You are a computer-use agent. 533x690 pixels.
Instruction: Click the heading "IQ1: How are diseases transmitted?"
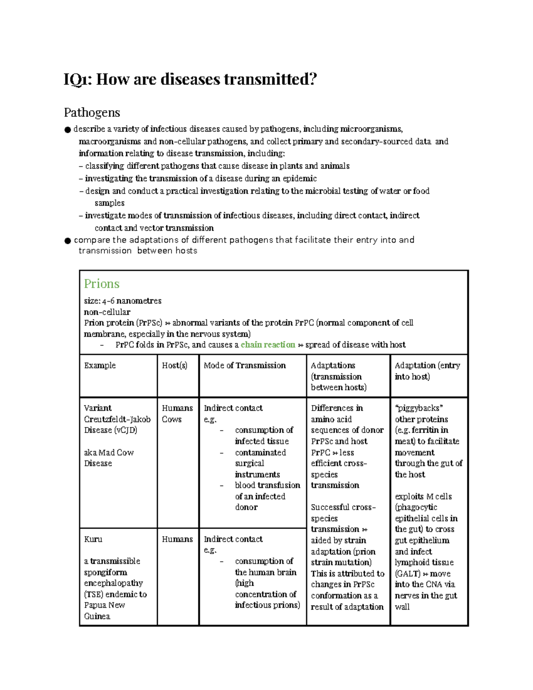pos(191,80)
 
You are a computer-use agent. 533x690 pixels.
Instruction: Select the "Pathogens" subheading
pos(92,112)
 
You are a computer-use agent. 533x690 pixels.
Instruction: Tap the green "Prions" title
pos(102,283)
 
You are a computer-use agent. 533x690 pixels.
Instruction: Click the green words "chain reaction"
pos(268,345)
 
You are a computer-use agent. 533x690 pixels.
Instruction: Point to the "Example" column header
pos(100,365)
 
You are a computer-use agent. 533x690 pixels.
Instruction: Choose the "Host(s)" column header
pos(175,365)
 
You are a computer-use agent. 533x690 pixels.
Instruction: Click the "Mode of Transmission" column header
pos(245,365)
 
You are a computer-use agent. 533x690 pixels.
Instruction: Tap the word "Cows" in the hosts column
pos(171,419)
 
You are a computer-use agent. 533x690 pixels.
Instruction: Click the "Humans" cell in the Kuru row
pos(177,539)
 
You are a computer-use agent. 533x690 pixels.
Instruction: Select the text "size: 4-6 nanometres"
pos(123,301)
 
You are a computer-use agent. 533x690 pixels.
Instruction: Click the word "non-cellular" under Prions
pos(107,312)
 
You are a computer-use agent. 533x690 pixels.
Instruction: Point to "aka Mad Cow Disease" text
pos(109,458)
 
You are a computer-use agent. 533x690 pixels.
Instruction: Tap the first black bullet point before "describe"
pos(68,130)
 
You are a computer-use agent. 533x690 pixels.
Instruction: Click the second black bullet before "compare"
pos(68,240)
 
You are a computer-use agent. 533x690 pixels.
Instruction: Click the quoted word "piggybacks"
pos(419,408)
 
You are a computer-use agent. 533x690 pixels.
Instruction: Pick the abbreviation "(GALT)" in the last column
pos(408,574)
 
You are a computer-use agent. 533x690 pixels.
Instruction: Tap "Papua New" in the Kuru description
pos(104,605)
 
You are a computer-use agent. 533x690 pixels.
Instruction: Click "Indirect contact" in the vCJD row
pos(233,408)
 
